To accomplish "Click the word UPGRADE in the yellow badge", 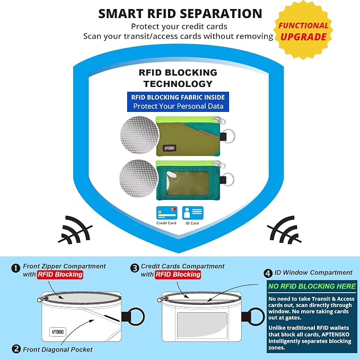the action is (303, 37).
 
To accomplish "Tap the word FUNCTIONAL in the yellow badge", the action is (303, 25).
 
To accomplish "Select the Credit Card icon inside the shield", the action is (166, 213).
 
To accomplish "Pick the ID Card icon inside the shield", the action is (192, 213).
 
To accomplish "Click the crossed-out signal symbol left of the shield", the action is (75, 230).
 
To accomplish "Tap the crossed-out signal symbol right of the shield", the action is (284, 230).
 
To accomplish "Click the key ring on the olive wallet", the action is (230, 136).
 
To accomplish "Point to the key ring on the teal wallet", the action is (229, 179).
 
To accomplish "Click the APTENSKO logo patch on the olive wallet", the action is (170, 148).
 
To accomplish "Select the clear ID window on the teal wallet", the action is (188, 183).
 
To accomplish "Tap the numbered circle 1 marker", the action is (15, 268).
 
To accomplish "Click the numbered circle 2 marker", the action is (16, 349).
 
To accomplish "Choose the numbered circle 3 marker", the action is (135, 268).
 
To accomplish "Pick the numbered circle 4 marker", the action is (268, 274).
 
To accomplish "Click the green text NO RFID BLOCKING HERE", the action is (312, 286).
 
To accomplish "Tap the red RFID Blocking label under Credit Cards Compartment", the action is (178, 275).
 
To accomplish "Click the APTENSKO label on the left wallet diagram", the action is (58, 332).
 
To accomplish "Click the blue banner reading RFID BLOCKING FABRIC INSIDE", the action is (178, 102).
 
